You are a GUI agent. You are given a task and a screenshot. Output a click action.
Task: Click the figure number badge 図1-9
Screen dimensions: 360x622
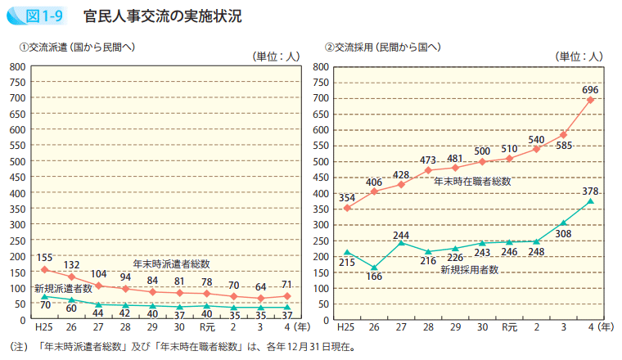[38, 16]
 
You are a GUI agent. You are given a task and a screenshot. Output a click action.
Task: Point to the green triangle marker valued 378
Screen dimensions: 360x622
[590, 201]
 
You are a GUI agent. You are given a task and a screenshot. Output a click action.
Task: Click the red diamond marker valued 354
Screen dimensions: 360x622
[347, 208]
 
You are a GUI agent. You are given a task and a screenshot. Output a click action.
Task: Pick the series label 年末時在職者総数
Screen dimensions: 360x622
[471, 181]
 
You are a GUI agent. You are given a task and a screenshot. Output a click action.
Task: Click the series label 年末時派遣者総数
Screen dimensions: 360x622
[172, 263]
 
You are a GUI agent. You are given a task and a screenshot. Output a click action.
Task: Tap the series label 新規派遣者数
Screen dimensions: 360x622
[63, 288]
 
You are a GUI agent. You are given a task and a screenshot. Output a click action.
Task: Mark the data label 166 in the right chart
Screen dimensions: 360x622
[374, 277]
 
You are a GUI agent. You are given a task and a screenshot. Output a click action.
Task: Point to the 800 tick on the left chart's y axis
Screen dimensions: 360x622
[17, 66]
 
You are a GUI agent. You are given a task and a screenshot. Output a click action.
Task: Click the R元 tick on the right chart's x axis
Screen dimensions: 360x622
[509, 327]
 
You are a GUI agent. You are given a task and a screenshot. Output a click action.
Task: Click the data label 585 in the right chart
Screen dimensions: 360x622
[565, 146]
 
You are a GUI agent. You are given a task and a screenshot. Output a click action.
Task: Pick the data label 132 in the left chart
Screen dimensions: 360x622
[71, 264]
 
